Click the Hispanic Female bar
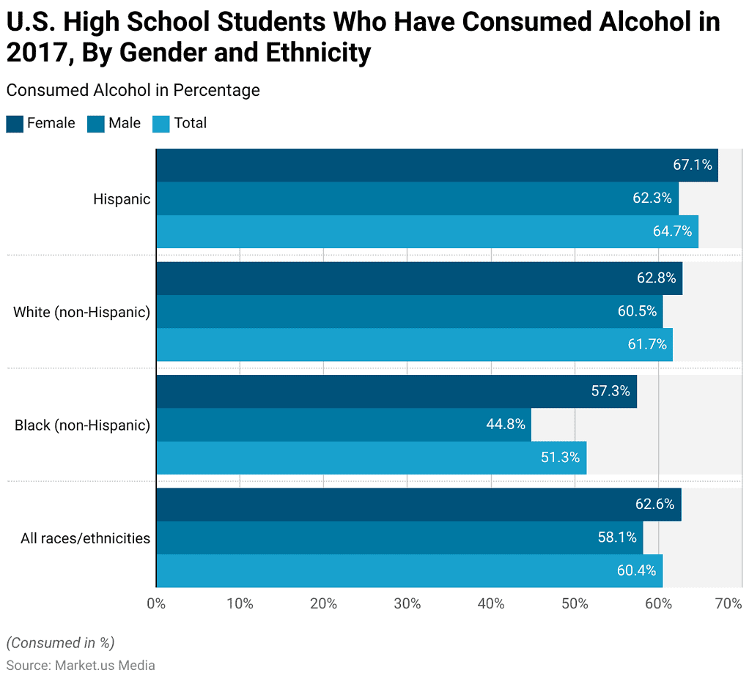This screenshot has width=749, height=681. pos(437,165)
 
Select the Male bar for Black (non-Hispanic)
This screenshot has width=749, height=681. pos(343,425)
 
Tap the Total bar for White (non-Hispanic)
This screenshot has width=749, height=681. pos(414,344)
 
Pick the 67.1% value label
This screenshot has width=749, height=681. pos(693,165)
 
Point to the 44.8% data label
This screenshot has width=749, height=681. pos(505,425)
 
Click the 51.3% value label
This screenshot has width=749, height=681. pos(560,458)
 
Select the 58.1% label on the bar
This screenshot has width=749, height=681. pos(617,537)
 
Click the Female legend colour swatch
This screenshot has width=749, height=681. pos(15,123)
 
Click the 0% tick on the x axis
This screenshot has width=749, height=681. pos(156,604)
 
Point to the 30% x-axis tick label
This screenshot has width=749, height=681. pos(407,604)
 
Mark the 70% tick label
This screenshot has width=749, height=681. pos(728,604)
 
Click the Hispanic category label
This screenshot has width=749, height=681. pos(122,199)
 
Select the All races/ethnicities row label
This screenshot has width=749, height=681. pos(85,539)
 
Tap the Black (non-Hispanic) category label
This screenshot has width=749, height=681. pos(82,425)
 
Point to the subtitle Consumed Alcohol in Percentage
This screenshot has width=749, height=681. pos(133,90)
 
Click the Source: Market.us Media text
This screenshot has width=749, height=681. pos(81,666)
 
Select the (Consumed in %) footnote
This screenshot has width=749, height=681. pos(60,643)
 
